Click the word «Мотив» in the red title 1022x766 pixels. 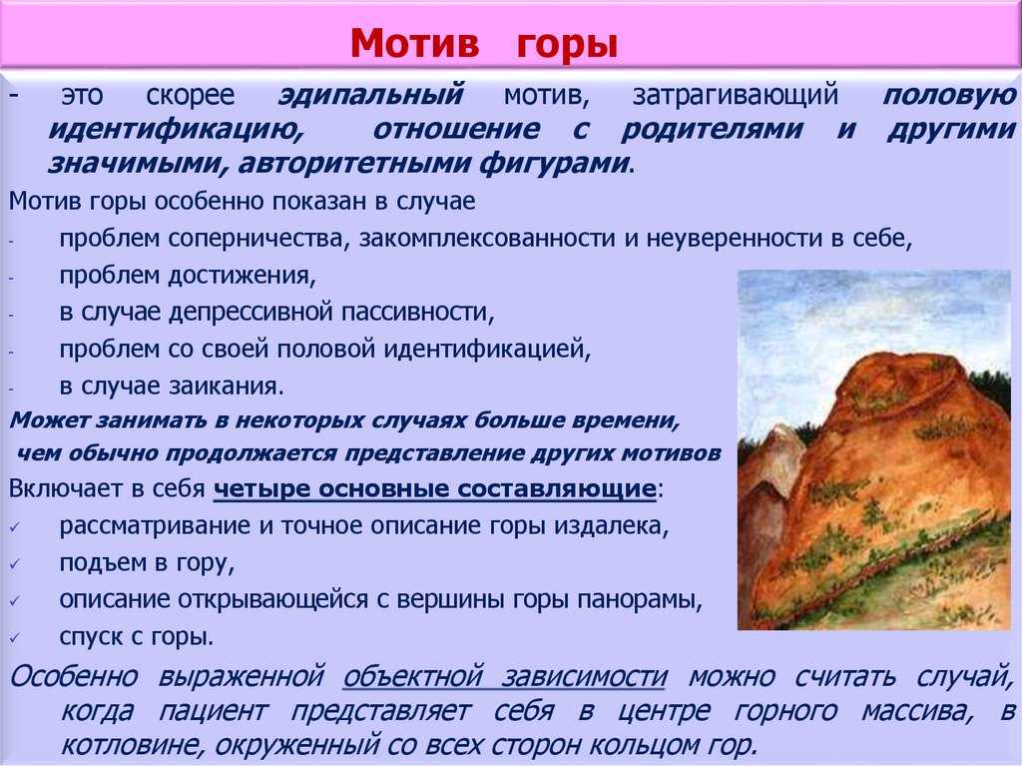pos(414,44)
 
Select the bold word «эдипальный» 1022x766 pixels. pos(371,96)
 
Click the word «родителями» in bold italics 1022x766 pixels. pos(712,129)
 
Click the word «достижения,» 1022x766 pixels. pos(242,277)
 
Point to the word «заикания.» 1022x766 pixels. pos(227,386)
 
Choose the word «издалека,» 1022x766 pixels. pos(612,526)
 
